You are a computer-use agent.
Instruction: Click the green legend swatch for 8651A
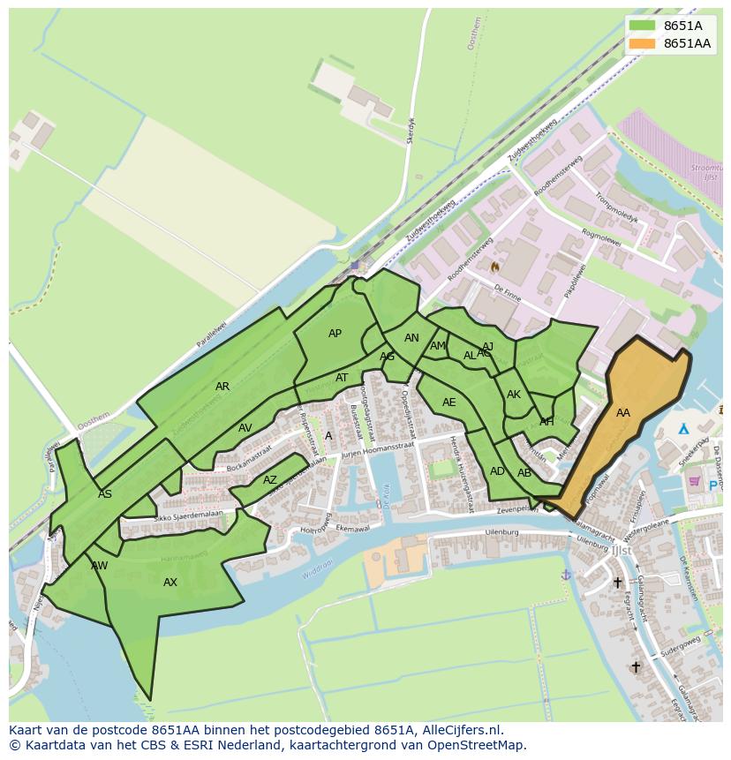click(642, 26)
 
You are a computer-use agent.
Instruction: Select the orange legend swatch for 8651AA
click(642, 43)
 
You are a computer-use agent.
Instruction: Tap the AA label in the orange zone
click(623, 413)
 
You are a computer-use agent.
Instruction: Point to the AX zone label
click(170, 583)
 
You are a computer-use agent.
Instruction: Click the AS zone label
click(105, 494)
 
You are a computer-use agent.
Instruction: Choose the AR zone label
click(222, 387)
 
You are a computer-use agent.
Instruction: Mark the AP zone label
click(335, 334)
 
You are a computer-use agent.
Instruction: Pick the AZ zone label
click(270, 480)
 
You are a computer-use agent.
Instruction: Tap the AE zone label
click(449, 403)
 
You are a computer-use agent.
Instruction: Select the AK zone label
click(514, 395)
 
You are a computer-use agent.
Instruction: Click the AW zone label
click(100, 566)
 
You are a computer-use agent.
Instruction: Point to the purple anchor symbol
click(566, 575)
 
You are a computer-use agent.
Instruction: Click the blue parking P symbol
click(713, 485)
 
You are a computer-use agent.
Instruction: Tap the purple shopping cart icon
click(694, 481)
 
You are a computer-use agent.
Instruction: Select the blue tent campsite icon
click(683, 429)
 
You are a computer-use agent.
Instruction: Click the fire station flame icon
click(495, 266)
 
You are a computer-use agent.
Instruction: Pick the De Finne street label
click(507, 294)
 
